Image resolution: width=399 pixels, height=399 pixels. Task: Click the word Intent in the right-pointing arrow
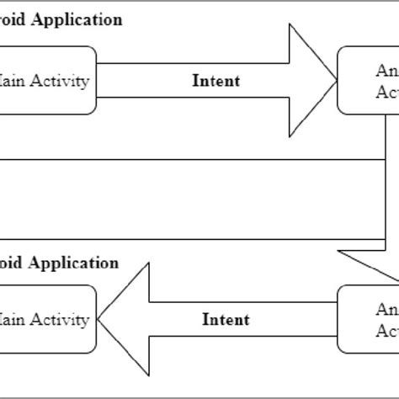coord(216,81)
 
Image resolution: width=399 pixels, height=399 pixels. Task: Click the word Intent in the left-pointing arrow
coord(226,319)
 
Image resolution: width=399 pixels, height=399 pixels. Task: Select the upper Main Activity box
coord(47,81)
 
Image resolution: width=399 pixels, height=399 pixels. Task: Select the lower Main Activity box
coord(47,320)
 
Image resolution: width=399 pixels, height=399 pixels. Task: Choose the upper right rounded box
coord(369,81)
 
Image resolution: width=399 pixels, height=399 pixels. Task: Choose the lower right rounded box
coord(369,319)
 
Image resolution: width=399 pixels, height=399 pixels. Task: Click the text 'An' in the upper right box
coord(385,71)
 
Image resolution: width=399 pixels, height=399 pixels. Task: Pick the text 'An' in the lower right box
coord(385,309)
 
